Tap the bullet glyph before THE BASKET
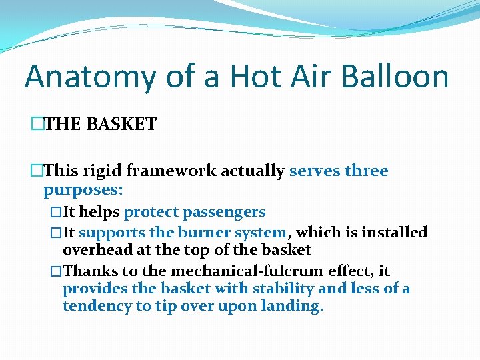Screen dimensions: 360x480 (36, 124)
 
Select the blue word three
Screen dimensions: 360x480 (366, 171)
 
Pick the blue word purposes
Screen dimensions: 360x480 (83, 190)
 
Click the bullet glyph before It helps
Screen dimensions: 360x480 (55, 213)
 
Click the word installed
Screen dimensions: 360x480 (395, 233)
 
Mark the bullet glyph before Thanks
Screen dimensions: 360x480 (55, 272)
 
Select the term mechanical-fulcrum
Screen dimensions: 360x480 (246, 271)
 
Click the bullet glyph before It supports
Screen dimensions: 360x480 (55, 233)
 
